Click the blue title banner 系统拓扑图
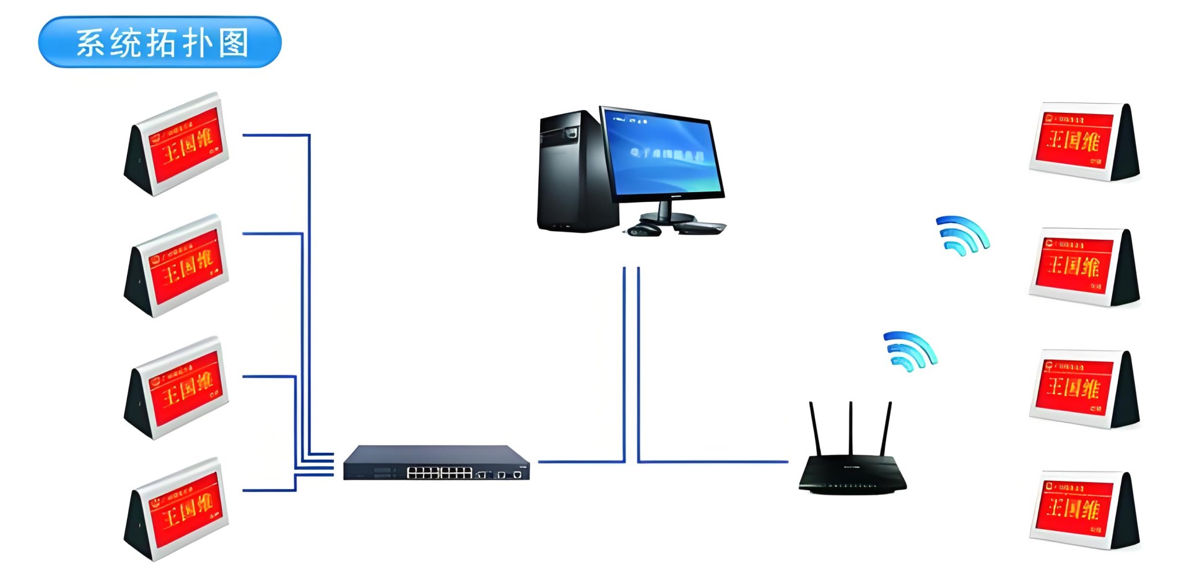pos(160,42)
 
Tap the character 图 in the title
pos(234,43)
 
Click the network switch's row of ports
pos(439,473)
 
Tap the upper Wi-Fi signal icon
pos(962,235)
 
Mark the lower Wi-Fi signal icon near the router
pos(909,351)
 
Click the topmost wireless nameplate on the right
pos(1084,142)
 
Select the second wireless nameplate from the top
pos(1084,267)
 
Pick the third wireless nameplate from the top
pos(1084,389)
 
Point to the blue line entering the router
pos(712,461)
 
